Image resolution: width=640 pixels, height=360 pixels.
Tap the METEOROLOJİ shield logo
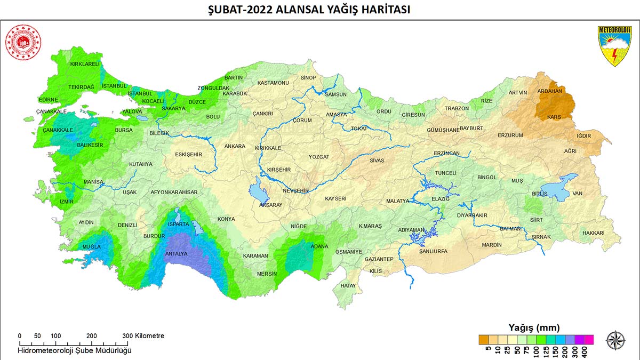click(614, 46)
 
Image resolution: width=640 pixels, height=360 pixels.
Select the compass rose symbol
click(615, 340)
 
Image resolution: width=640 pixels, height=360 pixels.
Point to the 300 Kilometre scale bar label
click(143, 336)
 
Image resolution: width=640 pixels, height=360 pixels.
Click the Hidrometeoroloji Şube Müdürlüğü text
click(75, 350)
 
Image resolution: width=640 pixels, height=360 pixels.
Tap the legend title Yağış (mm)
click(534, 327)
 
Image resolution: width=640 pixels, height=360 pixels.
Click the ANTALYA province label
click(176, 254)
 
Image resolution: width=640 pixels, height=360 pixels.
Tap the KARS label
click(554, 117)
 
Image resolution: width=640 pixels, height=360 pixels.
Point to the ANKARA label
click(235, 146)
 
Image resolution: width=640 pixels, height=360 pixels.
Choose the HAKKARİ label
click(593, 233)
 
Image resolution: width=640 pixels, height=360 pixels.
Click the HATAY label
click(348, 286)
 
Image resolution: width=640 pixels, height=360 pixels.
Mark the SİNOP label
click(308, 78)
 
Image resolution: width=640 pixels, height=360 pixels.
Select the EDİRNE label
click(49, 100)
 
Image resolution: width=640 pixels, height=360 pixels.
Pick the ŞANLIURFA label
click(433, 251)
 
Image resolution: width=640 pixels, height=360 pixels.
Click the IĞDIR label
click(583, 136)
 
